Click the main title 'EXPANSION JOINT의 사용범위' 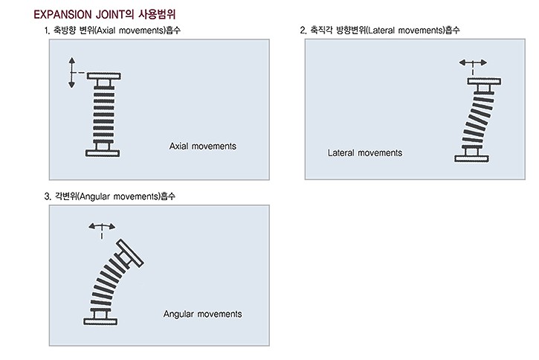(x=105, y=14)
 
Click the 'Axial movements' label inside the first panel (x=203, y=146)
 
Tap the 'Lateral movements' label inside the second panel (x=365, y=152)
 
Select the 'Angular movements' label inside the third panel (x=202, y=314)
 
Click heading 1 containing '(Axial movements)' (x=112, y=30)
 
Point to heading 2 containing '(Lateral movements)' (x=379, y=30)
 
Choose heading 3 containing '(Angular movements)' (x=109, y=196)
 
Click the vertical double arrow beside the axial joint (x=71, y=73)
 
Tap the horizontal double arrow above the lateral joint (x=473, y=62)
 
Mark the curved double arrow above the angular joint (x=102, y=225)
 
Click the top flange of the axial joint (x=103, y=76)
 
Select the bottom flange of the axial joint (x=103, y=153)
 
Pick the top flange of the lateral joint (x=484, y=82)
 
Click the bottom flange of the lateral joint (x=471, y=158)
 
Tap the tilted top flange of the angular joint (x=130, y=253)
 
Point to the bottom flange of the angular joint (x=100, y=321)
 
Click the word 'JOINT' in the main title (x=109, y=14)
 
